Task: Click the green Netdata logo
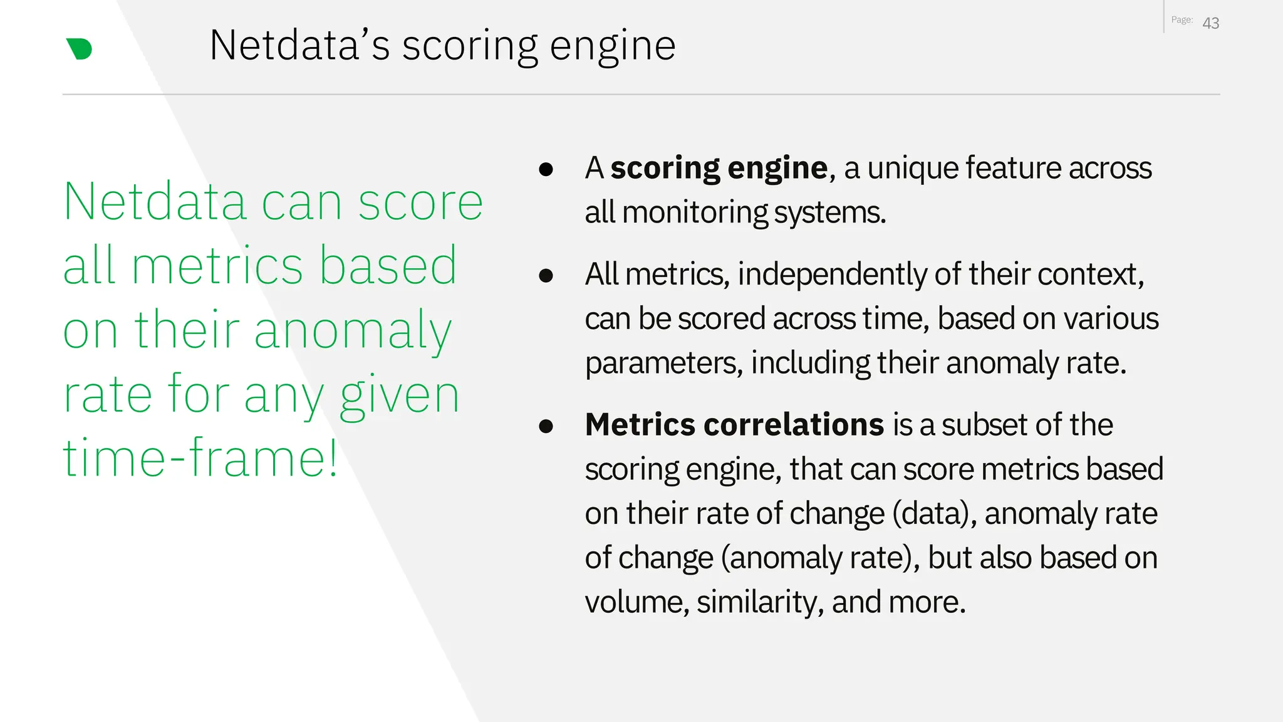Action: pyautogui.click(x=80, y=49)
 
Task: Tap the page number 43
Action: pyautogui.click(x=1210, y=23)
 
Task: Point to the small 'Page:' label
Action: pyautogui.click(x=1182, y=20)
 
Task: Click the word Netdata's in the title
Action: pyautogui.click(x=299, y=46)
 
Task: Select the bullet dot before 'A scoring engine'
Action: pyautogui.click(x=546, y=169)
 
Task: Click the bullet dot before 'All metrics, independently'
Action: pyautogui.click(x=546, y=276)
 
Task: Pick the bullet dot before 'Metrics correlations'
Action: pyautogui.click(x=546, y=426)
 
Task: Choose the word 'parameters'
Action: pyautogui.click(x=663, y=364)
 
